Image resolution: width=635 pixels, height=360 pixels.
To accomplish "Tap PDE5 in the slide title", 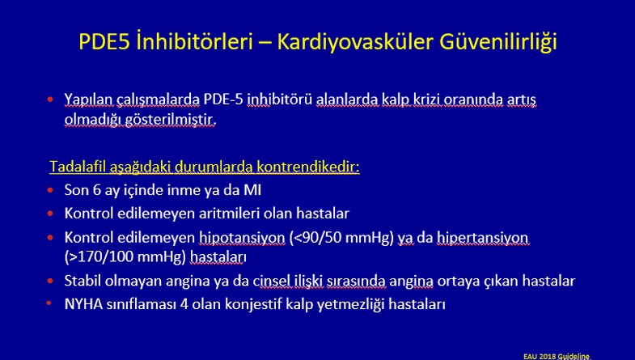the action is click(104, 41).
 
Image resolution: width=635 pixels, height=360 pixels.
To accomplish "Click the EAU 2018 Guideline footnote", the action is click(557, 356).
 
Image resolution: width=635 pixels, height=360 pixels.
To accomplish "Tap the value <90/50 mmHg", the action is click(341, 238).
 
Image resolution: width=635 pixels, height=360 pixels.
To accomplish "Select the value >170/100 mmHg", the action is click(125, 257).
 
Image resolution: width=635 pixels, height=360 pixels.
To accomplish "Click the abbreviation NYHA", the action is click(83, 304).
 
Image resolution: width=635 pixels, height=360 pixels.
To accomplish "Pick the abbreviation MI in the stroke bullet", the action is click(252, 190).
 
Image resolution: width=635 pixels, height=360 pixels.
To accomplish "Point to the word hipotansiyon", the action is click(242, 238).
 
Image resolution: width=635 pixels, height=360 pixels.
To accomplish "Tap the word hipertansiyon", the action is click(483, 238).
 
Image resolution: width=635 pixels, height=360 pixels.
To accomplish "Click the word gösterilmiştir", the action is click(171, 120).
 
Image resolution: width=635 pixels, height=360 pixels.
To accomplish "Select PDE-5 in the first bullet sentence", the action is click(223, 100).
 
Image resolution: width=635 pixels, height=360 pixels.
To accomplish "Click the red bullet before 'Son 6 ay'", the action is click(50, 190).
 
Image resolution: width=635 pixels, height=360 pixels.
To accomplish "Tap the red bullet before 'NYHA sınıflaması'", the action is click(49, 303).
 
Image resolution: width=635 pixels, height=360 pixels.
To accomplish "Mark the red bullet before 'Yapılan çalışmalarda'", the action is click(50, 100).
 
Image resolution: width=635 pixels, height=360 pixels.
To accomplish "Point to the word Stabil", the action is click(83, 281).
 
